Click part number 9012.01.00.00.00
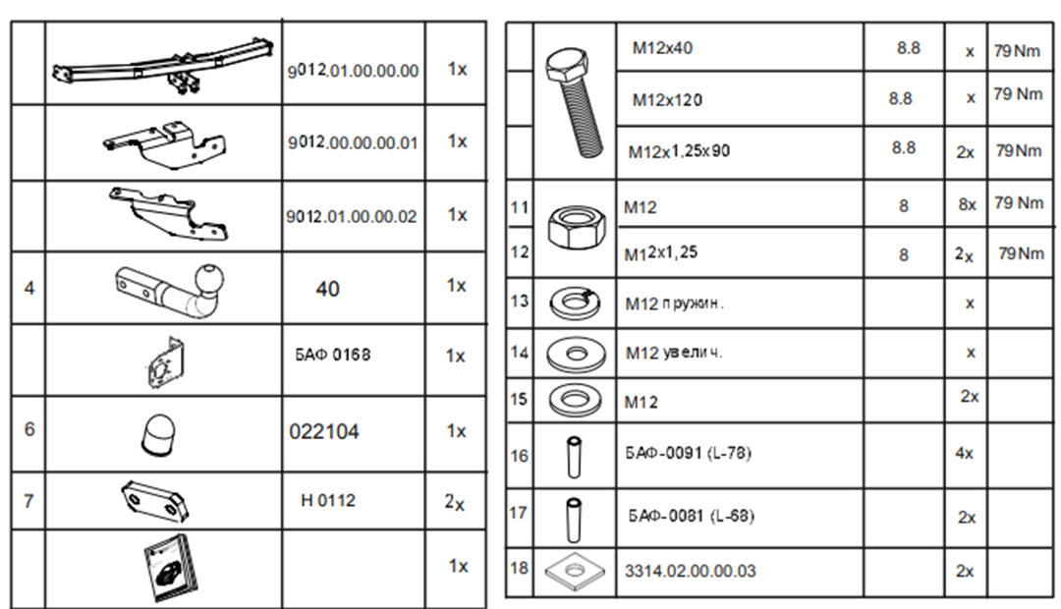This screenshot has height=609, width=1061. (x=353, y=71)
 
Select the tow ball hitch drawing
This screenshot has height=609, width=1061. (x=170, y=291)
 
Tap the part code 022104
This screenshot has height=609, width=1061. (x=324, y=432)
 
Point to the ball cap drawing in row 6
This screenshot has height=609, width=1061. (x=158, y=434)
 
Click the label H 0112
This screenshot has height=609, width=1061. (x=328, y=501)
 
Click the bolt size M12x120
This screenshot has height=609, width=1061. (x=667, y=100)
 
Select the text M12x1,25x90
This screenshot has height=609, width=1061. (x=680, y=151)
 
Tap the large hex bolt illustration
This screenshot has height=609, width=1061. (x=575, y=101)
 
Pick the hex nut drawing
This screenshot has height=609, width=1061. (x=576, y=228)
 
